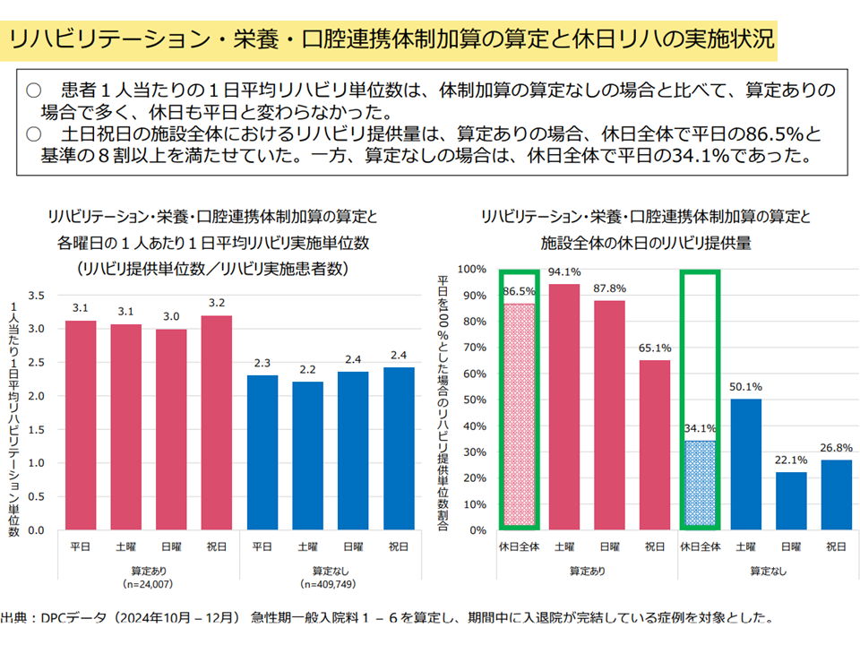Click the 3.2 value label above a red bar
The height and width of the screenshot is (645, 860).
(x=217, y=302)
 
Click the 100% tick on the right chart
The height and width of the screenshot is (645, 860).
(x=472, y=269)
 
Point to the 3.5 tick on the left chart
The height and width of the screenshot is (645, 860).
(x=37, y=295)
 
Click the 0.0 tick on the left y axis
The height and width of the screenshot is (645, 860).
(x=37, y=530)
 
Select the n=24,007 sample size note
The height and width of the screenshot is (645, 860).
(x=148, y=584)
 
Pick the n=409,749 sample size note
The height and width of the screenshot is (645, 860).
(x=331, y=584)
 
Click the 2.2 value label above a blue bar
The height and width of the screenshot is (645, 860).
(x=308, y=368)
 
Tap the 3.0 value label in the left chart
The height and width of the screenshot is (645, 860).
(x=171, y=315)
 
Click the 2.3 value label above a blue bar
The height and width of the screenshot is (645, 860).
(x=262, y=362)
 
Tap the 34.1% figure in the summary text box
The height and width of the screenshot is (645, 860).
(x=727, y=159)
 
